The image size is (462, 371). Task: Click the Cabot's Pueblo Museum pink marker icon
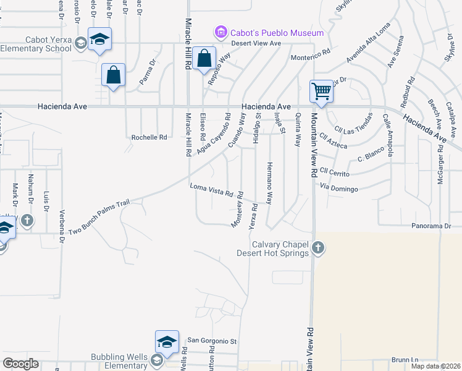pos(219,32)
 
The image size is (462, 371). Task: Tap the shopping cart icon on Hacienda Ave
pos(322,92)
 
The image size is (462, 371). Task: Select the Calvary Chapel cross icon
pos(317,248)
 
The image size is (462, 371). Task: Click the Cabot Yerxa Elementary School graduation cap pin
pos(99,40)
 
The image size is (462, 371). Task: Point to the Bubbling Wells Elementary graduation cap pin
pos(167,342)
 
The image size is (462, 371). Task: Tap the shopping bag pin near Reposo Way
pos(204,59)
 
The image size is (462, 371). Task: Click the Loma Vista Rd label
pos(211,190)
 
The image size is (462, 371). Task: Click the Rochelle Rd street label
pos(149,137)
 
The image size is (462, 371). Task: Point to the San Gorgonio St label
pos(212,341)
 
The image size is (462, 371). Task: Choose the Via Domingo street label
pos(339,187)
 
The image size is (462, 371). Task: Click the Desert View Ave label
pos(256,43)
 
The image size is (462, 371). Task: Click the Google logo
pos(20,363)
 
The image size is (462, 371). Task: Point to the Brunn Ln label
pos(405,360)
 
